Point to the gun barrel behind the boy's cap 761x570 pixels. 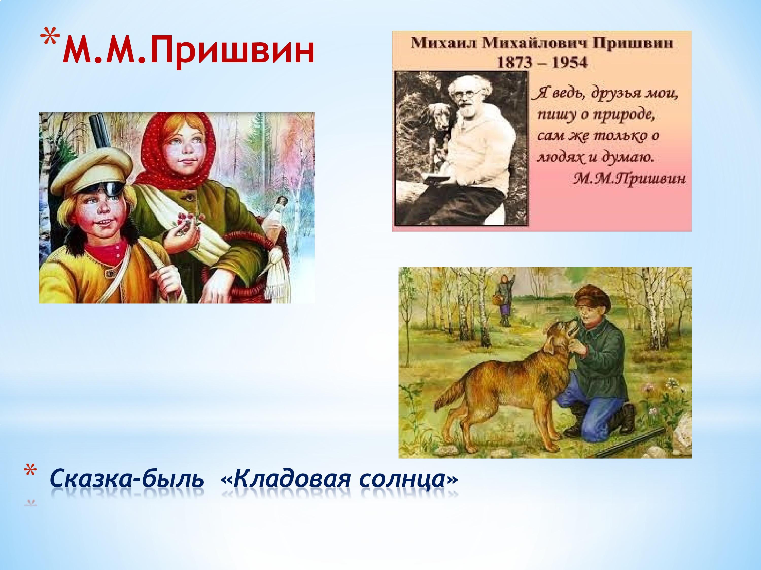coord(100,132)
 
